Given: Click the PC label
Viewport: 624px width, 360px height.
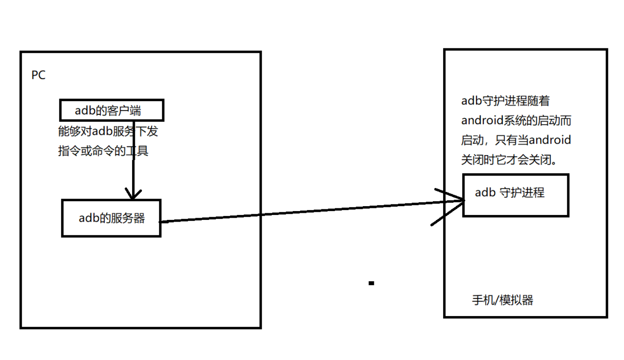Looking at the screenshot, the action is pyautogui.click(x=38, y=75).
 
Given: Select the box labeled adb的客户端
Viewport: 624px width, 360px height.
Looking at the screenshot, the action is pyautogui.click(x=112, y=110).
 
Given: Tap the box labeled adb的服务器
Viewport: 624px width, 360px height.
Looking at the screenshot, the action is pyautogui.click(x=111, y=218).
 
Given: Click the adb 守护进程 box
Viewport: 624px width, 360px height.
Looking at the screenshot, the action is pyautogui.click(x=515, y=195).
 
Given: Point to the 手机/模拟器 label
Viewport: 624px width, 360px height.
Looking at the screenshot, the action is pyautogui.click(x=502, y=300).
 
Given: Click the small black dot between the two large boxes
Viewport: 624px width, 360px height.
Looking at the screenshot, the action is pyautogui.click(x=371, y=283).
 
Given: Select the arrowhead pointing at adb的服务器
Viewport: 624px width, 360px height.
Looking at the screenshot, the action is pyautogui.click(x=133, y=194).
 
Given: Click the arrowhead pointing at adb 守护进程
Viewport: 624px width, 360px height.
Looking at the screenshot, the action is pyautogui.click(x=457, y=202).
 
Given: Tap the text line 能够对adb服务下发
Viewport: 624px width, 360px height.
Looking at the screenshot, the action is pyautogui.click(x=108, y=132).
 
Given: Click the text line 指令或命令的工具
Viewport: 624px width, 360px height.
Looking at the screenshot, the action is pyautogui.click(x=103, y=151).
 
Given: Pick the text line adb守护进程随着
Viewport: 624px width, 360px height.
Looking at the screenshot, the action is pyautogui.click(x=505, y=101).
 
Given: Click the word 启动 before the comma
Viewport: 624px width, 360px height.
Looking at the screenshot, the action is pyautogui.click(x=471, y=140).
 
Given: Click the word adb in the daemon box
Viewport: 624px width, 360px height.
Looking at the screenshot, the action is pyautogui.click(x=484, y=193).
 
